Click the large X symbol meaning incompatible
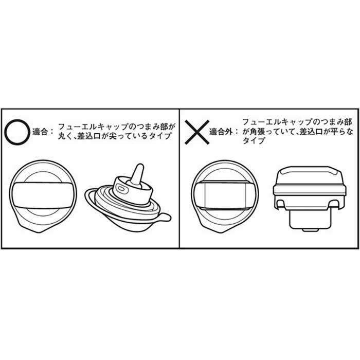197,132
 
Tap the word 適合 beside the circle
40,132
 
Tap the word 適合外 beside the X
221,132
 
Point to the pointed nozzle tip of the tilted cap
140,166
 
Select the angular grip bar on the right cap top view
225,195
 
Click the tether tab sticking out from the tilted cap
165,217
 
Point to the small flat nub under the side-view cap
311,229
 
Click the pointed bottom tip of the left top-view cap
40,232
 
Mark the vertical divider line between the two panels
179,178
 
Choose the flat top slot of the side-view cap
310,170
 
